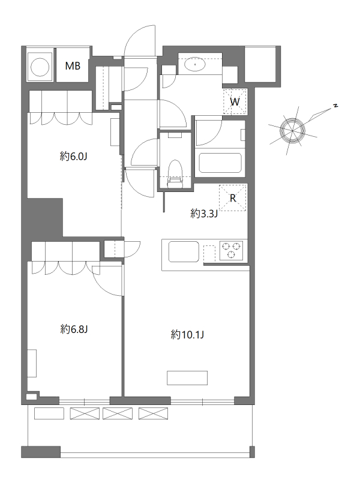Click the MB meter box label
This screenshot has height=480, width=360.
coord(73,65)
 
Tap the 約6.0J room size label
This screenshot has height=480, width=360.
coord(74,157)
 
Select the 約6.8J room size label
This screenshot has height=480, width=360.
coord(74,329)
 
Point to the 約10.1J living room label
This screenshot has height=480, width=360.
coord(187,335)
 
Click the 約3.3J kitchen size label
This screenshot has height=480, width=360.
coord(204,214)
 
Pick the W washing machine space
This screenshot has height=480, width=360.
coord(235,101)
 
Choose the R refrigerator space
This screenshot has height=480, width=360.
coord(233,198)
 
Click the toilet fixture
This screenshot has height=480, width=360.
coord(175,173)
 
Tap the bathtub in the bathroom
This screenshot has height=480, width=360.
coord(220,163)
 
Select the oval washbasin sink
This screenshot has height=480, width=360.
coord(194,64)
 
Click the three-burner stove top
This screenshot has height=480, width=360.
coord(231,250)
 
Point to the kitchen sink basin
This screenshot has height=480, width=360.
coord(184,251)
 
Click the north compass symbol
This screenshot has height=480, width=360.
coord(293,131)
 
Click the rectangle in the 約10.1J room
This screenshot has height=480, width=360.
coord(187,378)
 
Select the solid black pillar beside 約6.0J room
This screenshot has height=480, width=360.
coord(45,217)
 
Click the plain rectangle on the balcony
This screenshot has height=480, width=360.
coord(49,413)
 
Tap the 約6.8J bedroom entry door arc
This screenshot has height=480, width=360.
coord(107,281)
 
